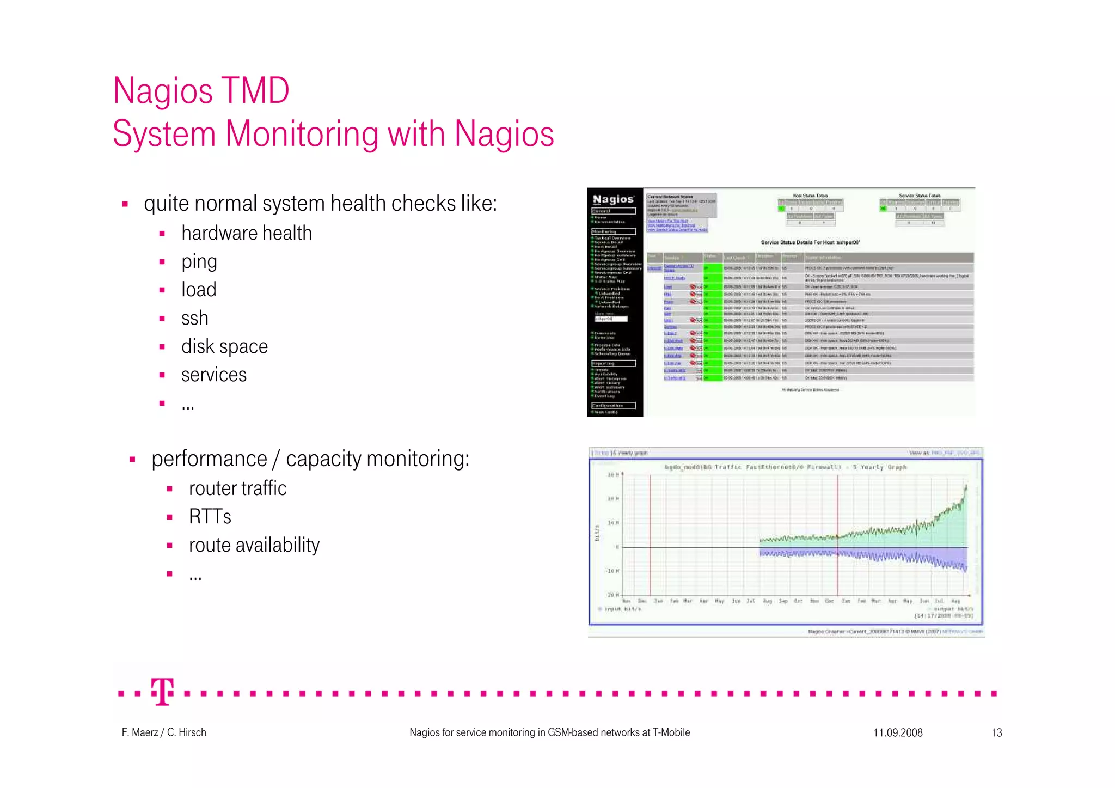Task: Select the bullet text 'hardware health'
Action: coord(247,234)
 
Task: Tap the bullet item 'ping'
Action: coord(199,262)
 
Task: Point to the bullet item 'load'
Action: coord(199,290)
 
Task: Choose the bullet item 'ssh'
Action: coord(195,319)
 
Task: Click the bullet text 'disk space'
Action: coord(224,347)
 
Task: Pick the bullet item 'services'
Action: coord(214,375)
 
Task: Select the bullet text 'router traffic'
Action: coord(237,488)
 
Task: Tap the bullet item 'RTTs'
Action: coord(210,517)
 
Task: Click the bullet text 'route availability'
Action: coord(254,545)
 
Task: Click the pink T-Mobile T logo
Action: coord(162,692)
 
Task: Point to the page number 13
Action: coord(996,733)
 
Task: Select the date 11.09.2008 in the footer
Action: coord(898,733)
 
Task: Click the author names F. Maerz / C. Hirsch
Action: coord(164,733)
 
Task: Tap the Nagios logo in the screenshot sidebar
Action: coord(613,199)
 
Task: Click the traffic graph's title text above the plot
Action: coord(785,467)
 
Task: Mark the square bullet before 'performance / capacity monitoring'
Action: coord(132,460)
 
